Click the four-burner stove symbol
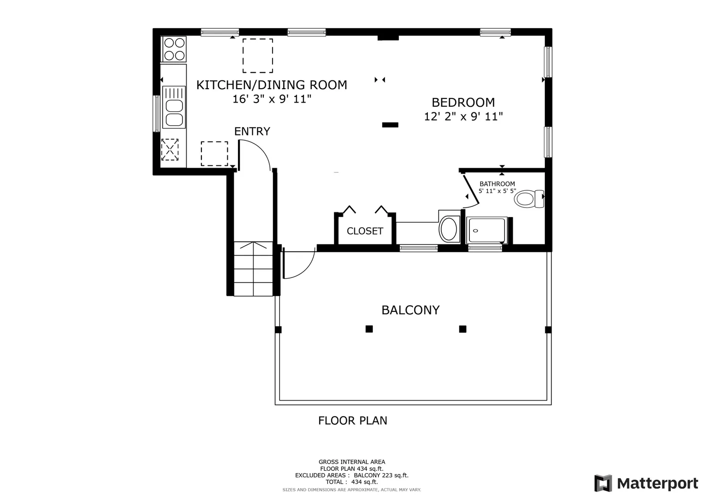click(174, 49)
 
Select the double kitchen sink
click(174, 107)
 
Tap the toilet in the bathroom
click(529, 199)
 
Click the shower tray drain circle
click(475, 231)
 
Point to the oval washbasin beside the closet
click(449, 229)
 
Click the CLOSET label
click(365, 231)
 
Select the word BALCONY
click(410, 310)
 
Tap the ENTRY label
click(252, 131)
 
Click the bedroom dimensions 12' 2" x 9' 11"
click(463, 116)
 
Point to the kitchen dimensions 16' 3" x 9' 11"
click(272, 99)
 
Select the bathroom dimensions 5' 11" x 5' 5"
click(497, 191)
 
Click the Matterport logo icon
click(603, 483)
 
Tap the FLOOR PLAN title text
click(353, 420)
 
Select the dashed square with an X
click(170, 150)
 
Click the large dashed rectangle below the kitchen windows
click(258, 56)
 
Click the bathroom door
click(471, 189)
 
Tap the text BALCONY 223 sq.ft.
click(381, 475)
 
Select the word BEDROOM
click(463, 103)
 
